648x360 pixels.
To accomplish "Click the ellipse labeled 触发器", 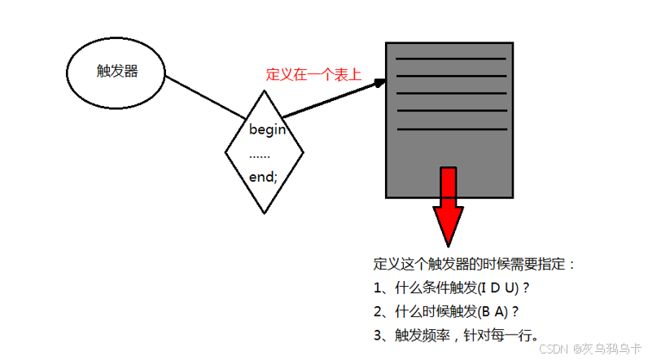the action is (115, 72).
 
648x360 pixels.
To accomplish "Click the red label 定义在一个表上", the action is (313, 74).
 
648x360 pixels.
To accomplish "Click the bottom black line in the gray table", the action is (450, 129).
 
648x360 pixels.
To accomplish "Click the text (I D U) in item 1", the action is (499, 288).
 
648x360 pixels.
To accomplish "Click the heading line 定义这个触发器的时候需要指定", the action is (473, 265).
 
